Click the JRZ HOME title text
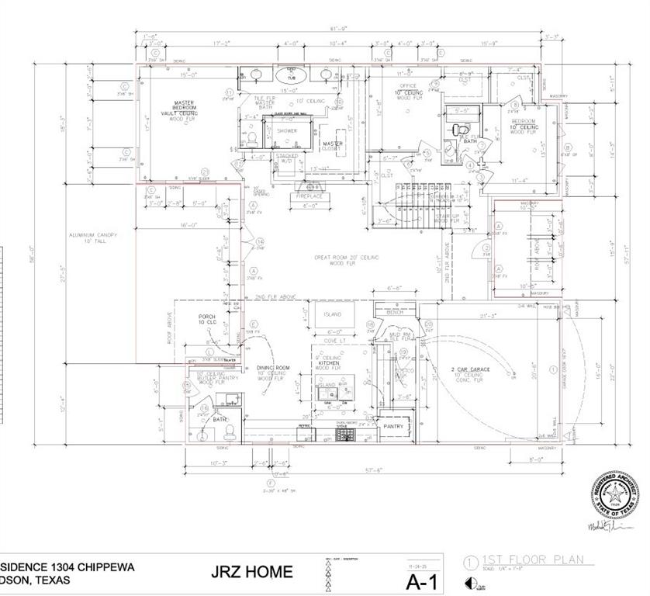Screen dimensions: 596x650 pos(251,573)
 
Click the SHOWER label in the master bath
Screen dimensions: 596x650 pos(288,131)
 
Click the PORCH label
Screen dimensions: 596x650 pos(207,317)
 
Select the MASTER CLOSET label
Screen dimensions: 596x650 pos(334,145)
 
